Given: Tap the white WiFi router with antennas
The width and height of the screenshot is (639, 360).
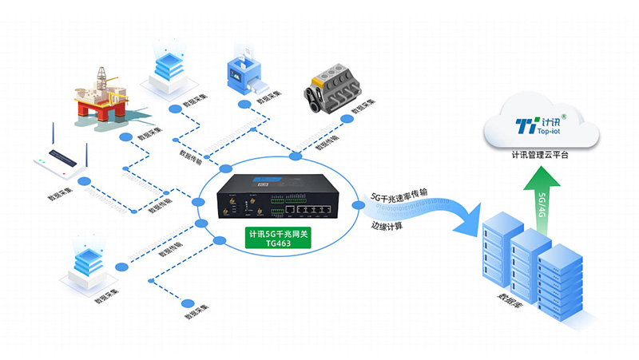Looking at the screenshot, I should coord(63,163).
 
